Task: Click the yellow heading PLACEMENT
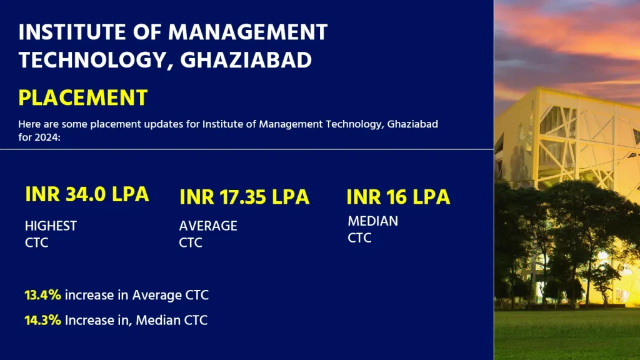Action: (x=83, y=97)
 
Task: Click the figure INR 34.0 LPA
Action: (x=87, y=194)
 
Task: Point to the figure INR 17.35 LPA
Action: (x=244, y=197)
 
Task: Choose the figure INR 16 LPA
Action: (x=398, y=197)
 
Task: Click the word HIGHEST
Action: (x=51, y=226)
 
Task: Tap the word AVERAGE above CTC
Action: (x=208, y=226)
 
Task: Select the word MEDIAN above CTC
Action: (x=372, y=221)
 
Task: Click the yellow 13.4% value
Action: (x=42, y=295)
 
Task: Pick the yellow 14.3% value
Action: (x=42, y=321)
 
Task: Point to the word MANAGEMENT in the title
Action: (x=248, y=32)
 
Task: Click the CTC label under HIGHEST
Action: (x=36, y=243)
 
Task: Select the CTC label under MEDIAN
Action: (x=359, y=238)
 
